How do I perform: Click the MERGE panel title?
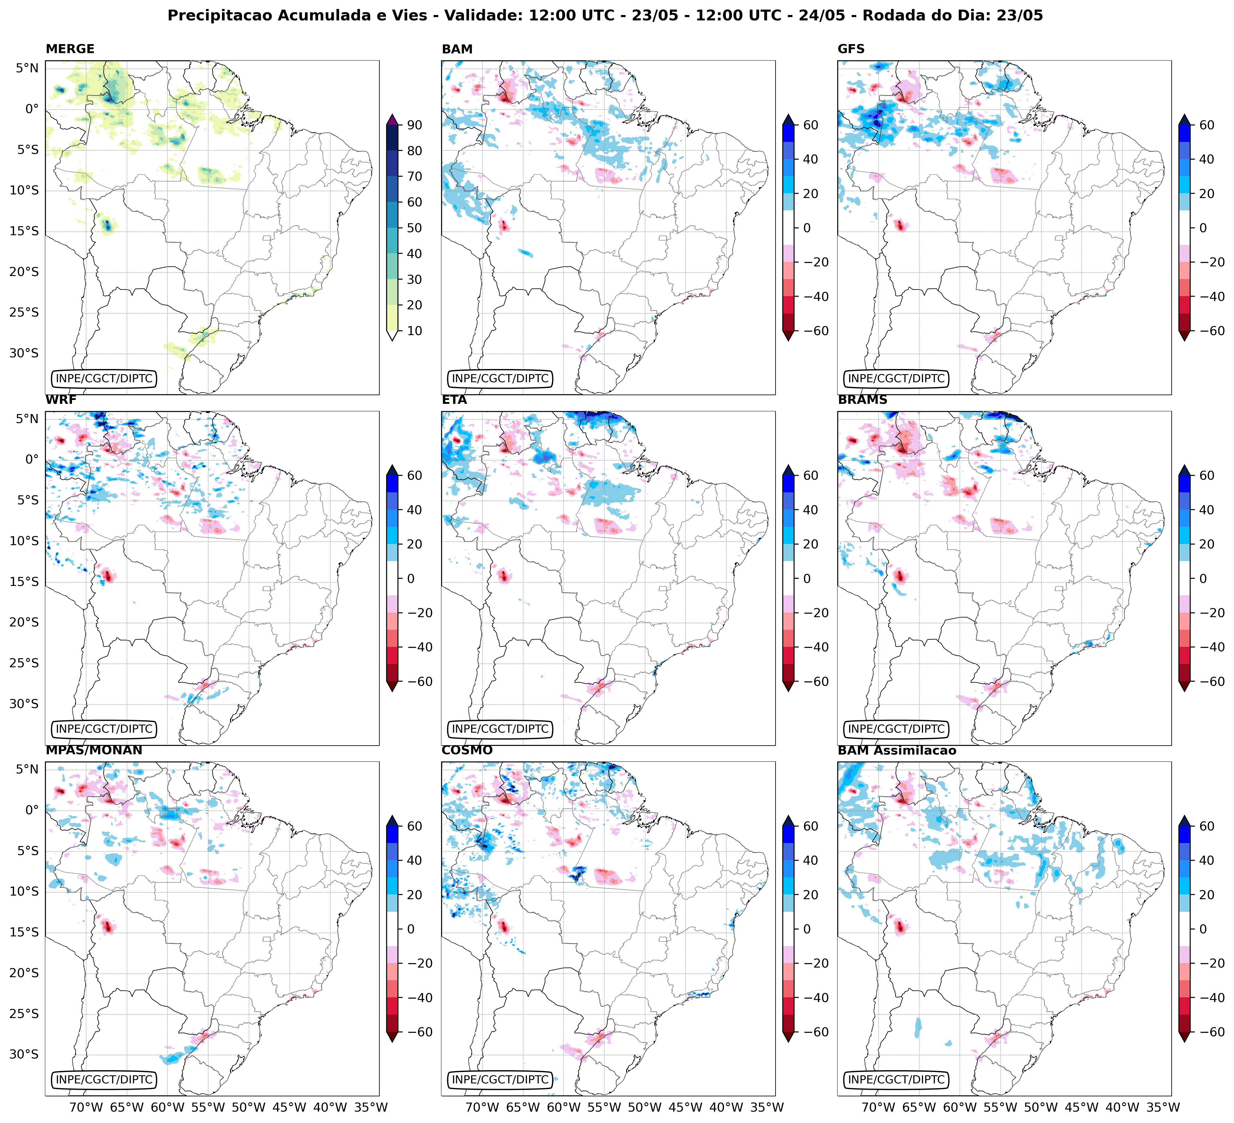[x=70, y=49]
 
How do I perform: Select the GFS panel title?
[x=851, y=49]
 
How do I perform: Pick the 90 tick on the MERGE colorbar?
[x=414, y=125]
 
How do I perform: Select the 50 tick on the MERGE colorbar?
[x=414, y=228]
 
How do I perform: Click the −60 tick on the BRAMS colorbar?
[x=1203, y=682]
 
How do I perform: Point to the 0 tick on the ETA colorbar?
[x=806, y=579]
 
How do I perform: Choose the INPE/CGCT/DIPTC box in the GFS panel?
[x=896, y=378]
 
